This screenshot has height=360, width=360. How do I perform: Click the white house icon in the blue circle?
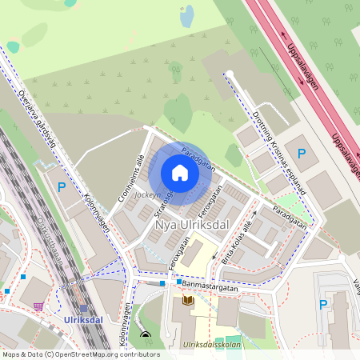click(180, 173)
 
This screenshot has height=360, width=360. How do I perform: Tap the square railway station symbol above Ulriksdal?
click(84, 308)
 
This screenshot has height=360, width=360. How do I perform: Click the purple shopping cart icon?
click(38, 305)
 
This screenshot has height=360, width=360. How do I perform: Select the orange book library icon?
click(189, 300)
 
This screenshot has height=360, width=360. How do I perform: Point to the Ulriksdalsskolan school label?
click(210, 345)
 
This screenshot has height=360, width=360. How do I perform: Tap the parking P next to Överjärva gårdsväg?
click(62, 187)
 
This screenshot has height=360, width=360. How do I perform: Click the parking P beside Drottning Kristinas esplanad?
click(302, 153)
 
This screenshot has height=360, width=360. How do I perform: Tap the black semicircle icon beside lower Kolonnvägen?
click(145, 335)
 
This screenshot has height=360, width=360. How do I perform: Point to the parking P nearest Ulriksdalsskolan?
click(323, 304)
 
